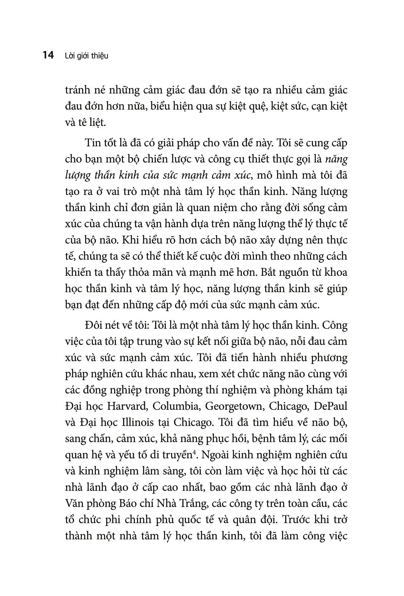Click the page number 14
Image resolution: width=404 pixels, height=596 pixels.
(48, 56)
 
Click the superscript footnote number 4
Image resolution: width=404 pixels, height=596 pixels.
(194, 453)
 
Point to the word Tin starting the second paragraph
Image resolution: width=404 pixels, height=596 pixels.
(93, 143)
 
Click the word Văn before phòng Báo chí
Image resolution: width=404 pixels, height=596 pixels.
(75, 503)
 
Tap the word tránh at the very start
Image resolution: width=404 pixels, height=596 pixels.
(78, 90)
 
